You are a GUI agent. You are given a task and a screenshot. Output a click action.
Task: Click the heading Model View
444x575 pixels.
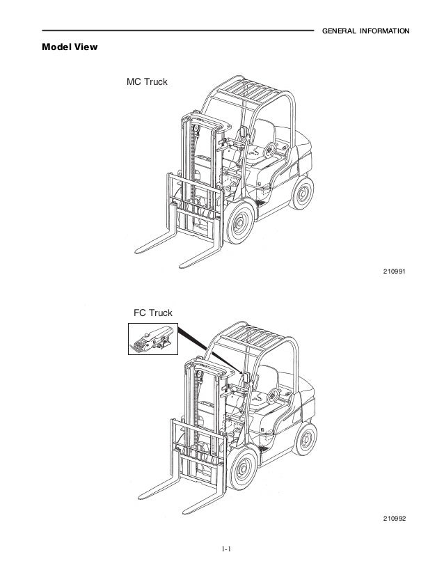click(70, 48)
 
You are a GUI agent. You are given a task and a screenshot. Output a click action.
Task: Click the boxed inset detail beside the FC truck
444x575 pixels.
click(152, 339)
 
